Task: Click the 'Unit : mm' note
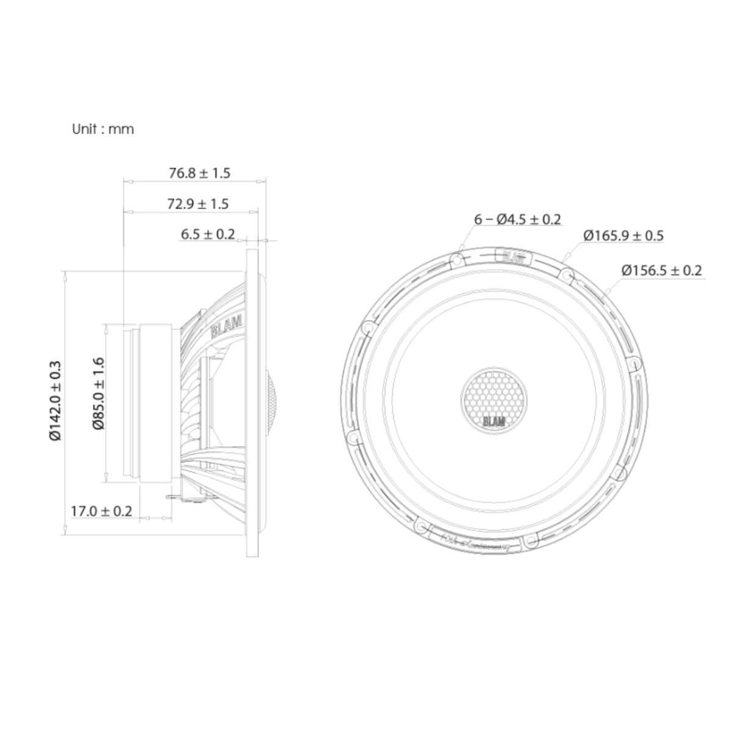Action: pyautogui.click(x=103, y=129)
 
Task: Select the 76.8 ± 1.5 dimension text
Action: pyautogui.click(x=199, y=173)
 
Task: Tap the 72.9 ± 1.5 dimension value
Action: pyautogui.click(x=197, y=204)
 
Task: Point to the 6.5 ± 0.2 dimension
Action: pyautogui.click(x=208, y=233)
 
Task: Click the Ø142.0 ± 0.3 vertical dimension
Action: pyautogui.click(x=56, y=400)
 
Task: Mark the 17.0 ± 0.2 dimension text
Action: pyautogui.click(x=101, y=510)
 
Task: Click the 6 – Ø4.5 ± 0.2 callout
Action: pyautogui.click(x=518, y=219)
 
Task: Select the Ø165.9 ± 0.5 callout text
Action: pyautogui.click(x=623, y=235)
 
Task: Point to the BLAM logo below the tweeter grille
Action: pyautogui.click(x=494, y=421)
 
